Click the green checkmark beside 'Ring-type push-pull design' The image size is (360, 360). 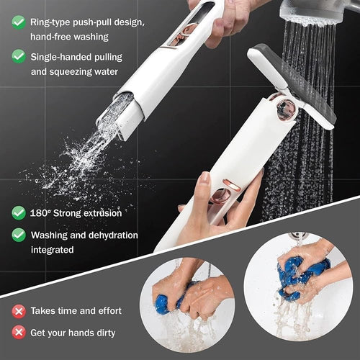(18, 22)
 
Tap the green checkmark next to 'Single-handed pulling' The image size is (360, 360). (18, 55)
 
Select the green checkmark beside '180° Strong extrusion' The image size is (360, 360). (18, 212)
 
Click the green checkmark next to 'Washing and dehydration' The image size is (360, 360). (18, 235)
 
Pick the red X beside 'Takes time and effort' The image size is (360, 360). (18, 311)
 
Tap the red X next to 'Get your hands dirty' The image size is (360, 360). (18, 333)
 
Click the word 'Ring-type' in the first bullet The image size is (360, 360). (50, 22)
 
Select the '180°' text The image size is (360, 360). (42, 213)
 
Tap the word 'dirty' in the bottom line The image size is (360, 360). (109, 333)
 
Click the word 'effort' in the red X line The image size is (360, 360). (107, 311)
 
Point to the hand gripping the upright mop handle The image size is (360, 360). (216, 209)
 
